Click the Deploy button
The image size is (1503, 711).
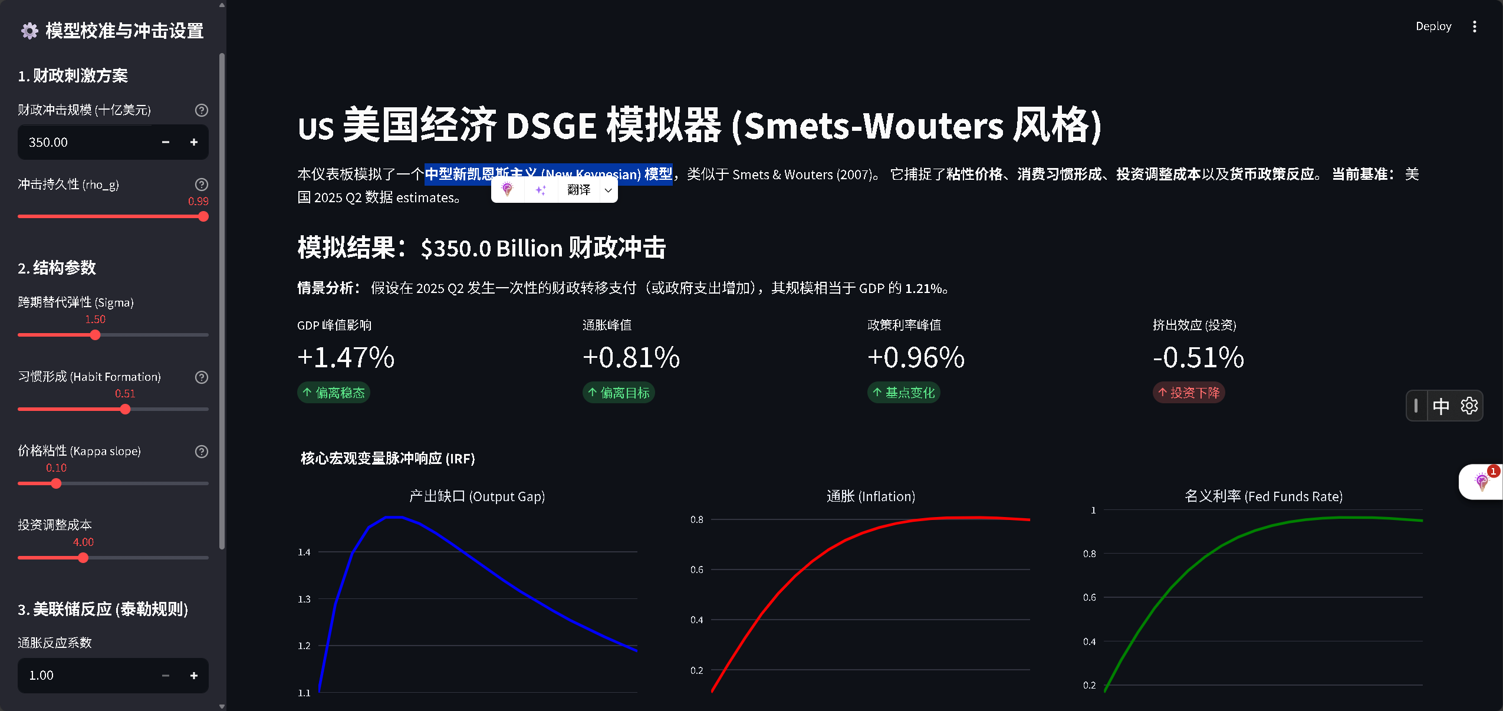[1433, 27]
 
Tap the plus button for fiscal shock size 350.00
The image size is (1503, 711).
[193, 142]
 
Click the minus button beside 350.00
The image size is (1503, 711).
[166, 142]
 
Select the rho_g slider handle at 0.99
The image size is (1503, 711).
[203, 216]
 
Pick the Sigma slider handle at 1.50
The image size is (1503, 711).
[95, 335]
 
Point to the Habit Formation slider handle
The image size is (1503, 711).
[125, 409]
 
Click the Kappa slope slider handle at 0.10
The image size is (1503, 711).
[56, 483]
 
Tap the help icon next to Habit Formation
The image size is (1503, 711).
[202, 377]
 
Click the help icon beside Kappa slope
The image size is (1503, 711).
[202, 452]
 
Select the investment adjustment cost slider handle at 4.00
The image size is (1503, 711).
[83, 558]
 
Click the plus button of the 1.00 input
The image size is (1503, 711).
[193, 676]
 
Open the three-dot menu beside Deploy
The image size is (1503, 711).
[1474, 27]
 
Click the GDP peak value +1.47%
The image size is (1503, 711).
[346, 357]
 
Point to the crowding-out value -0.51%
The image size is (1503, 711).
[1198, 357]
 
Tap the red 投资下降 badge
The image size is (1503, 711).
[1189, 393]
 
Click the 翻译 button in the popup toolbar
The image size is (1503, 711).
[578, 190]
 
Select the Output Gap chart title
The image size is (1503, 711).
[476, 496]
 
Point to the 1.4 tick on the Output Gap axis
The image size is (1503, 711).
[304, 552]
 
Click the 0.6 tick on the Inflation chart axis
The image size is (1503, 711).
[696, 570]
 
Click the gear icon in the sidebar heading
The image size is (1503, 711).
[29, 31]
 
